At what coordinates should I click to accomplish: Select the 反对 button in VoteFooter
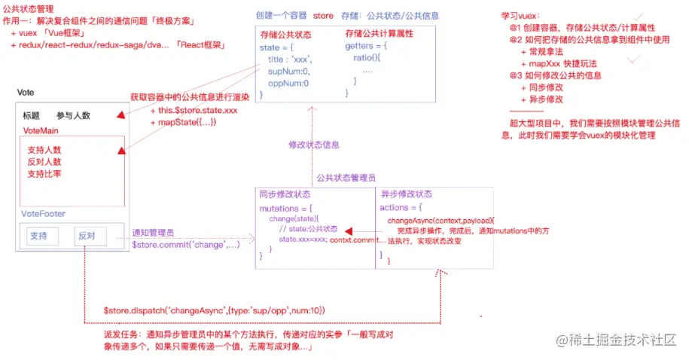coord(87,236)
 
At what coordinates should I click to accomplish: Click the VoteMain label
coord(40,130)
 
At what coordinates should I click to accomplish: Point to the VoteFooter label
coord(44,214)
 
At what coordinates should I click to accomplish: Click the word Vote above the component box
coord(25,92)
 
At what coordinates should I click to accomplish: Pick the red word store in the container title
coord(323,16)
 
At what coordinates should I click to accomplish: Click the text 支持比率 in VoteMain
coord(44,174)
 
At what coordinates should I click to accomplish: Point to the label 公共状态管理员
coord(346,178)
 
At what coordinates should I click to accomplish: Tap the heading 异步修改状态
coord(407,194)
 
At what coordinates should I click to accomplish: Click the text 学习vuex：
coord(520,16)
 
